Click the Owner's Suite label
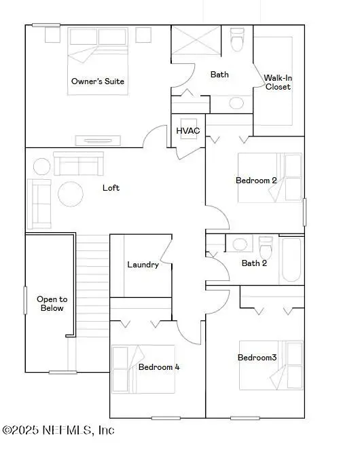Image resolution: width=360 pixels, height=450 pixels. click(98, 81)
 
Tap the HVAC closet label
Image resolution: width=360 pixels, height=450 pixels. click(187, 130)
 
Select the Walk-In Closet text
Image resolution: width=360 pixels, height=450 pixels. click(278, 82)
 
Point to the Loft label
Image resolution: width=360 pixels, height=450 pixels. click(111, 187)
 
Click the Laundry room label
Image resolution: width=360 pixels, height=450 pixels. click(143, 265)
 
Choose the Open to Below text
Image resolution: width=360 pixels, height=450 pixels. click(50, 303)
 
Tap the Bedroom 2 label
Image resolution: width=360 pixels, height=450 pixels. click(256, 181)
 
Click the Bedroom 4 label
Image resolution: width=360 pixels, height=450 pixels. click(158, 367)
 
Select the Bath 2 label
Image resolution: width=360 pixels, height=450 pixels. click(255, 263)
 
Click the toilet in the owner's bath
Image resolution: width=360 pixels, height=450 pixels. click(237, 41)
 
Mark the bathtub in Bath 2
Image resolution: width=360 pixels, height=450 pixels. click(292, 259)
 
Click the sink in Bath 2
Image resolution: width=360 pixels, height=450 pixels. click(239, 244)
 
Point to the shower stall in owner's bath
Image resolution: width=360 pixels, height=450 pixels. click(194, 41)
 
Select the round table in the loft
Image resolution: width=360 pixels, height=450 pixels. click(71, 194)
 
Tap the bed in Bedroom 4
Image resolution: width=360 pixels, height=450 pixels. click(126, 368)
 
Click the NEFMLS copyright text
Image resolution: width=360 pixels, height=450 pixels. click(58, 430)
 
